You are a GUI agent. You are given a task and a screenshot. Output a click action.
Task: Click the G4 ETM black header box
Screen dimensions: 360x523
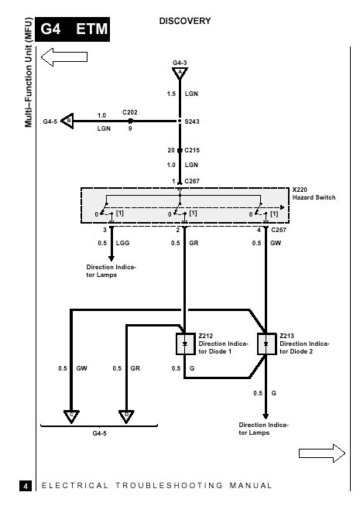pyautogui.click(x=73, y=29)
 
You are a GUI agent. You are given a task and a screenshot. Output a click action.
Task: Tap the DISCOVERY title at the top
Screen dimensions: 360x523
pyautogui.click(x=185, y=21)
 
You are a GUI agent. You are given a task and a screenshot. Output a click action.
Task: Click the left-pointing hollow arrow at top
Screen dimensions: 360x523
pyautogui.click(x=64, y=56)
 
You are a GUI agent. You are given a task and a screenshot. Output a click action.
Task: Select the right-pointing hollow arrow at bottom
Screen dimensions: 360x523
pyautogui.click(x=322, y=453)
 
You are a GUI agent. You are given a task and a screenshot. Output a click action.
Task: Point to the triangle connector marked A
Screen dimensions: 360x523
pyautogui.click(x=180, y=73)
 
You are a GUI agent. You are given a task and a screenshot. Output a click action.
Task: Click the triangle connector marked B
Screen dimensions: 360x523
pyautogui.click(x=67, y=121)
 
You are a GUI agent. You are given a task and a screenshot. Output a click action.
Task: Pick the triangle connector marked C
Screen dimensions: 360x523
pyautogui.click(x=71, y=416)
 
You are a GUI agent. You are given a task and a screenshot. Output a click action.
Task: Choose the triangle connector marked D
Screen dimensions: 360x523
pyautogui.click(x=126, y=416)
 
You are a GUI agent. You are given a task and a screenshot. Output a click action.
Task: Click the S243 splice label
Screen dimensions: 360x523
pyautogui.click(x=192, y=121)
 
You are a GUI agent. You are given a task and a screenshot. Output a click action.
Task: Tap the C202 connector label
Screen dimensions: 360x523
pyautogui.click(x=130, y=112)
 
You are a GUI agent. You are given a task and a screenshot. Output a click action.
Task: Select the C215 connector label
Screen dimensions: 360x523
pyautogui.click(x=192, y=150)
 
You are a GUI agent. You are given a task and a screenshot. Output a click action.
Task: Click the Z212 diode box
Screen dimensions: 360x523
pyautogui.click(x=186, y=344)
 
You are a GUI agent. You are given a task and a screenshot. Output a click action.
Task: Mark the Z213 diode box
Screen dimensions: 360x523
pyautogui.click(x=266, y=344)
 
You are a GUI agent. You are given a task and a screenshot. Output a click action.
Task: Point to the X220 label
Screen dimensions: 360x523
pyautogui.click(x=300, y=190)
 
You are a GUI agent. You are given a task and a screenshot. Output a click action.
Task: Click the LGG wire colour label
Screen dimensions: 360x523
pyautogui.click(x=122, y=243)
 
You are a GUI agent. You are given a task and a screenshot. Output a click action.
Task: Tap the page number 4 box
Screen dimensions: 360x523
pyautogui.click(x=26, y=486)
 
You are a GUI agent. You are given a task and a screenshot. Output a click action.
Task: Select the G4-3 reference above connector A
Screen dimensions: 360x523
pyautogui.click(x=180, y=63)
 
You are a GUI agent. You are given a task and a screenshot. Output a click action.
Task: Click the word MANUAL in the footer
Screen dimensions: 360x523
pyautogui.click(x=251, y=486)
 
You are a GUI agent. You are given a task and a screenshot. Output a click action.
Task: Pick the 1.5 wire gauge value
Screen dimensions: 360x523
pyautogui.click(x=171, y=94)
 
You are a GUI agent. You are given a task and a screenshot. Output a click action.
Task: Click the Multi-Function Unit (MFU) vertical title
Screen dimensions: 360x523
pyautogui.click(x=29, y=73)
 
